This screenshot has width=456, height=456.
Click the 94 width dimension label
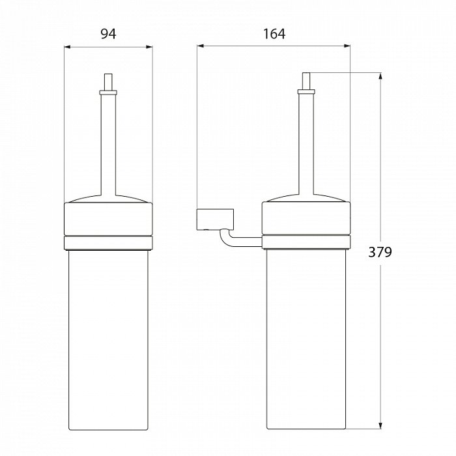click(108, 34)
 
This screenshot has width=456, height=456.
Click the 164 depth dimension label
click(274, 34)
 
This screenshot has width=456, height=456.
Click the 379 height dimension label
click(380, 252)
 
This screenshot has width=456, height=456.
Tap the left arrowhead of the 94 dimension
click(68, 46)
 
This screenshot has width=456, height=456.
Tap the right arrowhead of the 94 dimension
click(149, 46)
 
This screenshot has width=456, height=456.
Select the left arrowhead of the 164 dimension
click(201, 46)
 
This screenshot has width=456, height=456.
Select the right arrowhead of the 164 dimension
click(347, 46)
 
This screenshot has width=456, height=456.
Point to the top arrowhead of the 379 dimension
click(380, 76)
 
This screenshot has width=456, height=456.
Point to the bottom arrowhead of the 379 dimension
click(380, 425)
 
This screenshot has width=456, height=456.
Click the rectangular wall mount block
click(215, 219)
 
